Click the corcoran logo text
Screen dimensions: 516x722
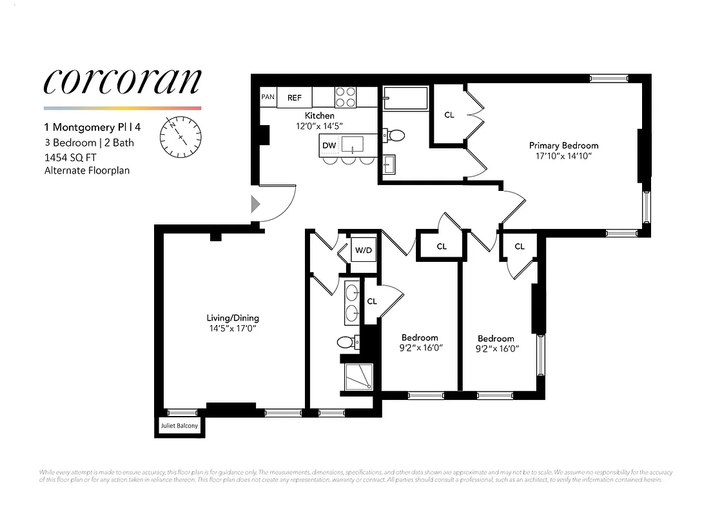click(x=122, y=81)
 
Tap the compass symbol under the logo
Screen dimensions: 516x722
click(x=181, y=137)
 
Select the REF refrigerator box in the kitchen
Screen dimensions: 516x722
click(x=295, y=97)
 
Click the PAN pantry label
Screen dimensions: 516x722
click(x=268, y=97)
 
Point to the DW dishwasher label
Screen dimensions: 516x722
click(x=329, y=146)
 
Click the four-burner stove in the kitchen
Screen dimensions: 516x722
click(x=346, y=97)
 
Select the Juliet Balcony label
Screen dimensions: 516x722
click(x=179, y=427)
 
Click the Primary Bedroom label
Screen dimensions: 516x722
click(x=563, y=146)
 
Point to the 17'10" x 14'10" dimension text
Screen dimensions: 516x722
click(x=563, y=156)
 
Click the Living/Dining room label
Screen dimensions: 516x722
click(x=233, y=318)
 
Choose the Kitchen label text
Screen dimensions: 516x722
click(x=320, y=116)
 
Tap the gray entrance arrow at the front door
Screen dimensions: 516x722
click(x=255, y=204)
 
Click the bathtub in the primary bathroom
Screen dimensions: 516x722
click(x=405, y=99)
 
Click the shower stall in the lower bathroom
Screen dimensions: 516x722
click(x=359, y=377)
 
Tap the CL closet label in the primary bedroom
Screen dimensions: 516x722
click(x=449, y=115)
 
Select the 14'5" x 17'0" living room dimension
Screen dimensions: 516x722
click(x=233, y=328)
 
